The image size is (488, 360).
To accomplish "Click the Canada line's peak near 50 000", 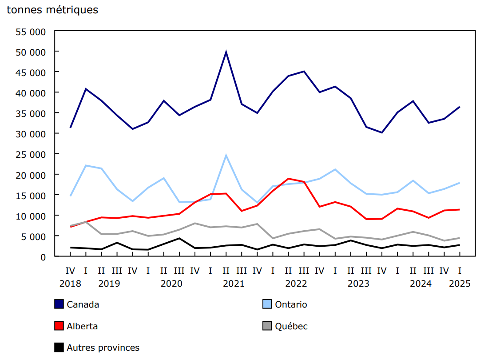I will coord(226,52).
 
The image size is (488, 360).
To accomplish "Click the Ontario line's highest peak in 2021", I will coord(226,156).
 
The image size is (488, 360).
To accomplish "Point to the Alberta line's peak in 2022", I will coord(289,179).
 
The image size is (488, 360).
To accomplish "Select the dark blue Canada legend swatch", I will coord(59,304).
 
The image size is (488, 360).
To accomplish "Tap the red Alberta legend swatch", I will coord(59,326).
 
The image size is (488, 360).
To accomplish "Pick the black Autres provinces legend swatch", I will coord(59,348).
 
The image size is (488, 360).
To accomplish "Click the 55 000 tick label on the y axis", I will coord(31,32).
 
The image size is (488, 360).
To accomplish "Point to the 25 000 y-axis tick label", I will coord(31,154).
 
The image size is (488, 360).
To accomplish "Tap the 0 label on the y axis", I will coord(43,257).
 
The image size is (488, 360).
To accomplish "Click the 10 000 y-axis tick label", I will coord(31,216).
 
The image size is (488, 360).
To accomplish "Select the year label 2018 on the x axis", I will coord(70,284).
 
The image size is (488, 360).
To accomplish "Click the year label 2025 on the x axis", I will coord(459,284).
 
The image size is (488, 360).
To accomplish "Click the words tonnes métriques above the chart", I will coord(52,10).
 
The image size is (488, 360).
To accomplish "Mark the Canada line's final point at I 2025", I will coord(459,107).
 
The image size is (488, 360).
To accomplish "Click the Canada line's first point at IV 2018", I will coord(70,128).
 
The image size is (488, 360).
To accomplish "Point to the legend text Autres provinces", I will coord(103,348).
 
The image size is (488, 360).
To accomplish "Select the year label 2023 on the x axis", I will coord(358,284).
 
